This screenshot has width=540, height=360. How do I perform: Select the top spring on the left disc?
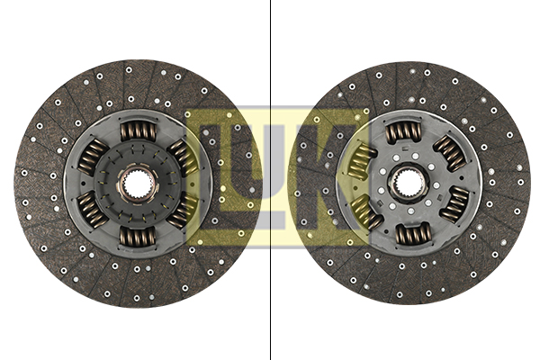tap(138, 131)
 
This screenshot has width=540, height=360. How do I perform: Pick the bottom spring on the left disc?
tap(138, 237)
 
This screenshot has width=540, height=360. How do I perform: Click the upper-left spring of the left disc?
tap(94, 157)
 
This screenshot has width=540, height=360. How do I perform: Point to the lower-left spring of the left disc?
tap(93, 210)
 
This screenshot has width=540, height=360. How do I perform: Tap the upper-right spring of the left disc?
tap(183, 157)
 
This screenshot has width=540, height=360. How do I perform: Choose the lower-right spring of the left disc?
tap(183, 211)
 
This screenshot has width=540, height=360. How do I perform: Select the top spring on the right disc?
tap(403, 133)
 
